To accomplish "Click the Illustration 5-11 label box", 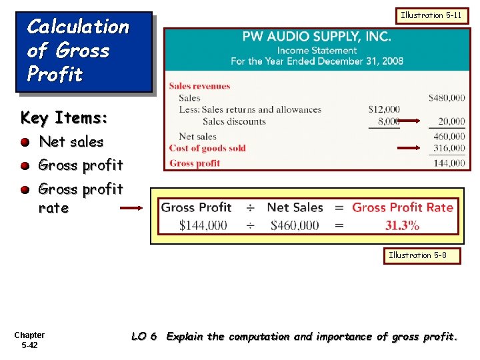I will pyautogui.click(x=431, y=15).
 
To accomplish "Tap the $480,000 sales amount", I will pyautogui.click(x=446, y=98).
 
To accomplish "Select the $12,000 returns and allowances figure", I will pyautogui.click(x=384, y=109).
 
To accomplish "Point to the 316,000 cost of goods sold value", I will pyautogui.click(x=449, y=148).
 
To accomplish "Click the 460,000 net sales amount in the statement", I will pyautogui.click(x=449, y=137).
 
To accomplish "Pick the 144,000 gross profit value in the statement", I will pyautogui.click(x=449, y=163).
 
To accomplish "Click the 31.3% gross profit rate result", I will pyautogui.click(x=402, y=225).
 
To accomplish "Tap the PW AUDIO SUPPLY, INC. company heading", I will pyautogui.click(x=317, y=36).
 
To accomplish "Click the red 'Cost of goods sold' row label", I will pyautogui.click(x=207, y=148).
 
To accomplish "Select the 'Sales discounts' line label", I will pyautogui.click(x=234, y=121).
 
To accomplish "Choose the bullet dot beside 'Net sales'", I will pyautogui.click(x=25, y=142).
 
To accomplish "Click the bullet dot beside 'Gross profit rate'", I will pyautogui.click(x=25, y=189).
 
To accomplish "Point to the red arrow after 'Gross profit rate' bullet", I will pyautogui.click(x=132, y=208).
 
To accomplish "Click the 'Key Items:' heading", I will pyautogui.click(x=64, y=118).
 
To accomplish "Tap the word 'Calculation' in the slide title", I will pyautogui.click(x=77, y=27).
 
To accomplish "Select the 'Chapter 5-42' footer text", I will pyautogui.click(x=29, y=340).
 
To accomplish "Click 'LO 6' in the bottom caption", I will pyautogui.click(x=144, y=337).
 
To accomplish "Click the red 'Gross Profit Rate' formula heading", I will pyautogui.click(x=403, y=207).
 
